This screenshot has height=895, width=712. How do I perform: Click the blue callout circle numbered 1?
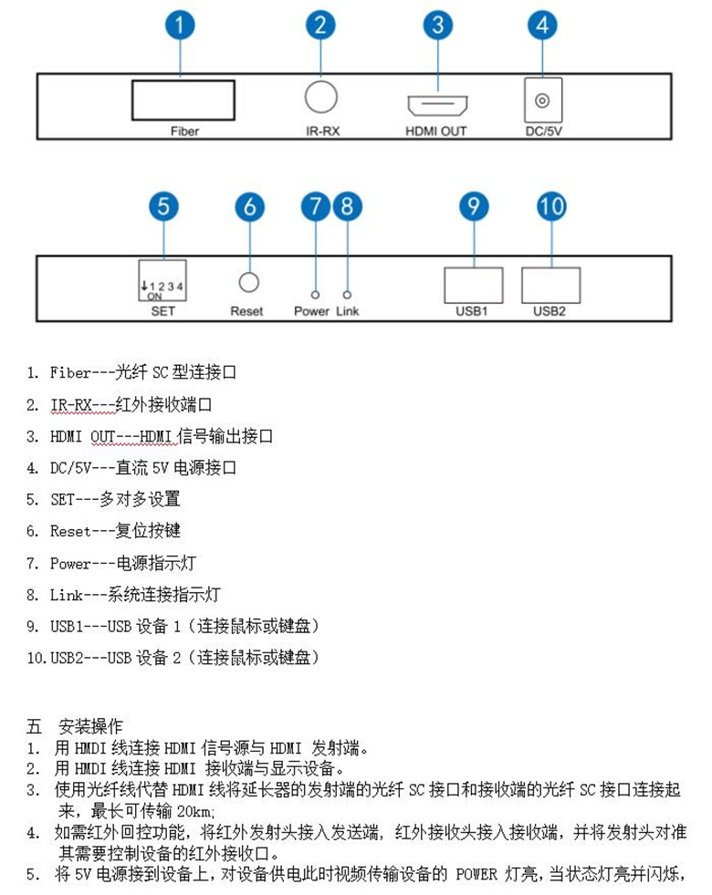[181, 25]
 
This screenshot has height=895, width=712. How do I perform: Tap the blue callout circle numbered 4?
[542, 25]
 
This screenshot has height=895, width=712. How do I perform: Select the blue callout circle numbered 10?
[551, 207]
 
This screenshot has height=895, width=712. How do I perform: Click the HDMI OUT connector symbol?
[436, 106]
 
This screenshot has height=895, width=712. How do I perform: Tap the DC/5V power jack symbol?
[542, 99]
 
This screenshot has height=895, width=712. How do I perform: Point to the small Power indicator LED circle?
[315, 295]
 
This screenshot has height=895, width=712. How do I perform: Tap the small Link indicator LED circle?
[347, 295]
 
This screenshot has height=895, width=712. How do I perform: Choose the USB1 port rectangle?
[473, 284]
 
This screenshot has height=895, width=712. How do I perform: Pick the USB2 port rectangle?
[550, 284]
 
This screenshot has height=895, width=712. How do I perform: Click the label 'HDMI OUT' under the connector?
[435, 131]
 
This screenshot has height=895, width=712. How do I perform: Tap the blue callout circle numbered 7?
[316, 207]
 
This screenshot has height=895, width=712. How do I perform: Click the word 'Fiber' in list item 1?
[70, 372]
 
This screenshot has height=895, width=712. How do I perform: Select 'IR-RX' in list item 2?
[70, 404]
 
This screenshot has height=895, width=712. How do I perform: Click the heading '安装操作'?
[90, 727]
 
